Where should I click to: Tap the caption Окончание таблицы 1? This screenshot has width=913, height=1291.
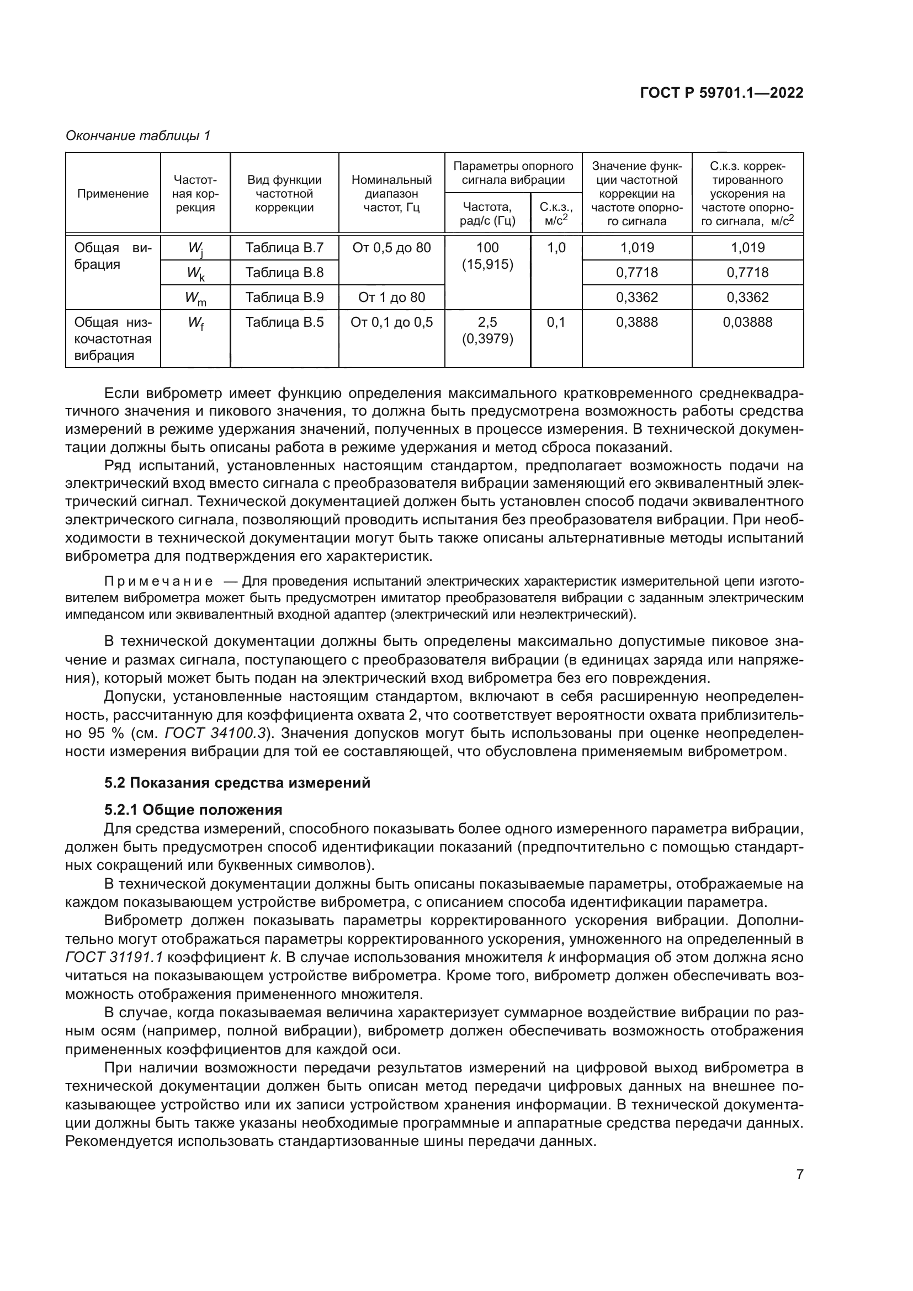tap(138, 136)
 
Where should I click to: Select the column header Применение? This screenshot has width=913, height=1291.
tap(113, 194)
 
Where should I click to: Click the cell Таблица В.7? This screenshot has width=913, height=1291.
tap(284, 247)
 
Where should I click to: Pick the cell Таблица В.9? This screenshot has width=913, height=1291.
tap(284, 297)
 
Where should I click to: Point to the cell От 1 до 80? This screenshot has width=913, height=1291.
tap(391, 297)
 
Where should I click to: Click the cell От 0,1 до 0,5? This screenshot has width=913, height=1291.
tap(391, 322)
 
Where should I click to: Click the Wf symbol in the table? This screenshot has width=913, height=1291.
tap(195, 323)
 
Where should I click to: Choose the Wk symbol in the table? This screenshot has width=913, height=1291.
tap(195, 274)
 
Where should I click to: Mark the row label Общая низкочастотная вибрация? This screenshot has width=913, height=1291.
tap(113, 338)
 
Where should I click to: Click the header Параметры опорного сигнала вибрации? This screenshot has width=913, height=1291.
tap(513, 173)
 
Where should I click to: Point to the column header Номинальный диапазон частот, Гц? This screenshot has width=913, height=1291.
tap(391, 194)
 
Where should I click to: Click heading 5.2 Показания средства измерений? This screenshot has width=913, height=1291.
tap(237, 783)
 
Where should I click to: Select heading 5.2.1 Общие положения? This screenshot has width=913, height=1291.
tap(193, 810)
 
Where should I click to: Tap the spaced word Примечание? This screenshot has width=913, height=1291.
tap(158, 581)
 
